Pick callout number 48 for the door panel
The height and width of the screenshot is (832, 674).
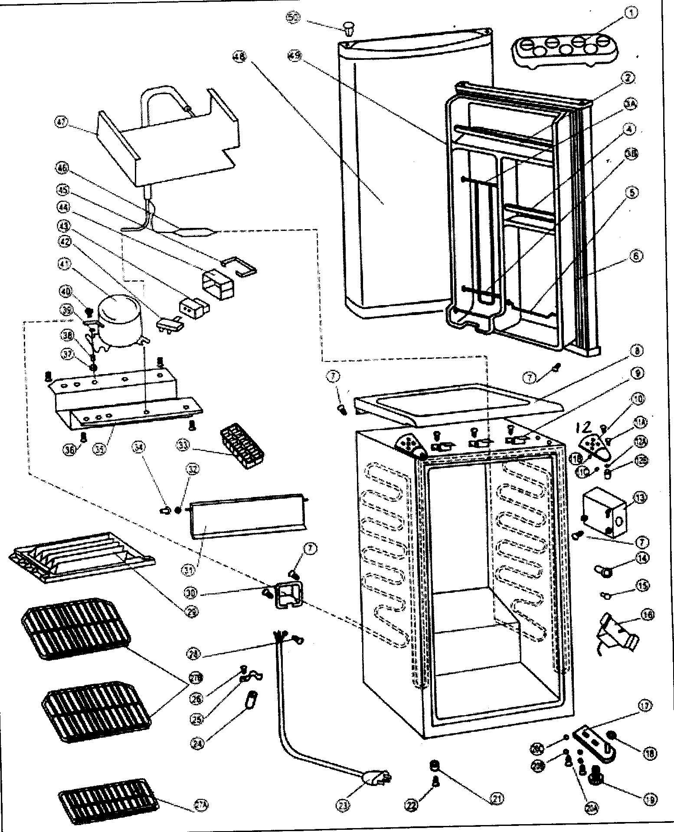[x=239, y=56]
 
